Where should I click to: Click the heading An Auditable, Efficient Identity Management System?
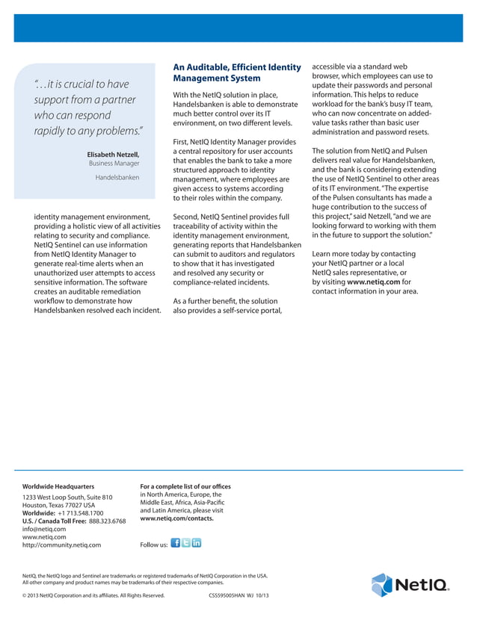(x=236, y=72)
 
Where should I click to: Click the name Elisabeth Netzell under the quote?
(x=113, y=155)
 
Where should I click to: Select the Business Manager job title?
(x=114, y=164)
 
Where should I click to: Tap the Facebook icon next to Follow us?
(x=175, y=542)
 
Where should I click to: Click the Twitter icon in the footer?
(x=186, y=542)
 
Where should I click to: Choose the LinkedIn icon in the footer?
(x=197, y=542)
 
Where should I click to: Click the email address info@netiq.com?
(x=44, y=529)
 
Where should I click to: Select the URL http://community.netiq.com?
(x=62, y=545)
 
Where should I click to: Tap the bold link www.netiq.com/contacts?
(x=176, y=518)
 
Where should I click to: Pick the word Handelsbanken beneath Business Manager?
(x=117, y=178)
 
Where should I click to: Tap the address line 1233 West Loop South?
(x=67, y=497)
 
